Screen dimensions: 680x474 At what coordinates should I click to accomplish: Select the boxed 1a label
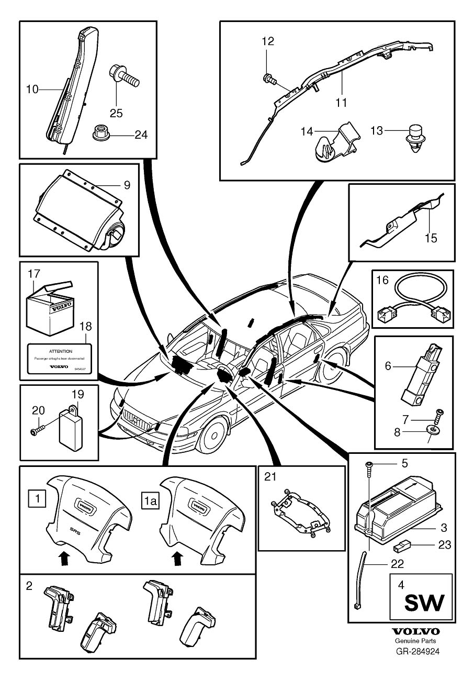coord(149,500)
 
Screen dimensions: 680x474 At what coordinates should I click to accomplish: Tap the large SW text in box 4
coord(424,603)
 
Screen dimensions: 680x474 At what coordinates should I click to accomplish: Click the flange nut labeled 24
coord(100,134)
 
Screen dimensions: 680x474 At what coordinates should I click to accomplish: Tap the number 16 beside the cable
coord(382,281)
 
